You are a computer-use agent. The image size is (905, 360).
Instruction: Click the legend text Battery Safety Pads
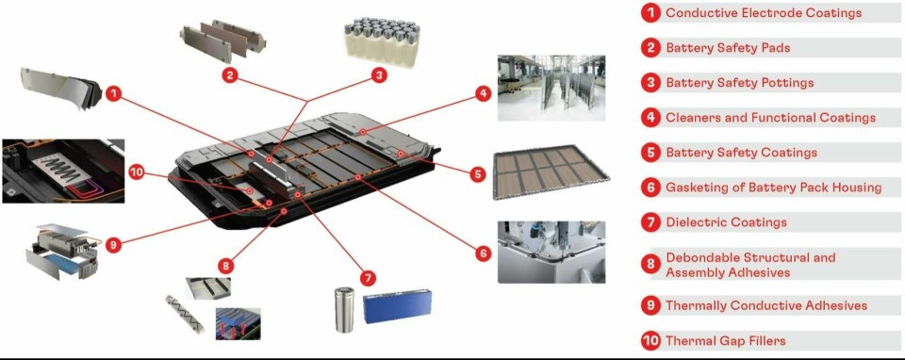click(x=728, y=48)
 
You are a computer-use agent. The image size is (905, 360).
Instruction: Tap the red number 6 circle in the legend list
click(x=650, y=188)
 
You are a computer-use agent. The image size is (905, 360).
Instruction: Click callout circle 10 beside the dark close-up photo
click(x=136, y=172)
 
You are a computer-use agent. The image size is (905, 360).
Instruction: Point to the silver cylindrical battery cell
click(x=345, y=310)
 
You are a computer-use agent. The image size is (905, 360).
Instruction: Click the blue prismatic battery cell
click(x=397, y=305)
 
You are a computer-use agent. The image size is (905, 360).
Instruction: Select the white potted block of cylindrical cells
click(x=382, y=41)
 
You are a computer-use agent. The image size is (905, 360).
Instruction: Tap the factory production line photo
click(x=551, y=88)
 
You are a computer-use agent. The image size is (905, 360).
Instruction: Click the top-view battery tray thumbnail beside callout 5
click(x=551, y=172)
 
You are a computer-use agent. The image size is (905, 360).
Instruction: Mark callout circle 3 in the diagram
click(x=379, y=75)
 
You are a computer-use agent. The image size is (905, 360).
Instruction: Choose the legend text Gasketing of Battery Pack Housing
click(x=773, y=188)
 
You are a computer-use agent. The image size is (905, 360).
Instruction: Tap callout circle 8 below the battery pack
click(x=226, y=266)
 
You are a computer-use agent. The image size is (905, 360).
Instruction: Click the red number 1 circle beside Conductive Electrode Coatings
click(x=650, y=12)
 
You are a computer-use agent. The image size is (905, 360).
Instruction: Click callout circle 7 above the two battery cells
click(x=367, y=278)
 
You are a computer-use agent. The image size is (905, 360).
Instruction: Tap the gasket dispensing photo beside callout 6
click(x=551, y=252)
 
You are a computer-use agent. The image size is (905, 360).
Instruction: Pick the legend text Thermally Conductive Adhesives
click(x=766, y=305)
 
